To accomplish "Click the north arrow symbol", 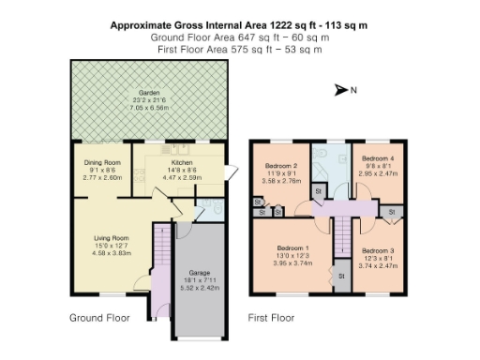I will (340, 91).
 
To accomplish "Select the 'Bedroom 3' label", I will (378, 250).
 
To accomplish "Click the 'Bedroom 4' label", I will (378, 158).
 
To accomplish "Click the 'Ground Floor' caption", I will (100, 318).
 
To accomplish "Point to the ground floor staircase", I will (160, 257).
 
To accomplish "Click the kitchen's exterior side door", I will (229, 173).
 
